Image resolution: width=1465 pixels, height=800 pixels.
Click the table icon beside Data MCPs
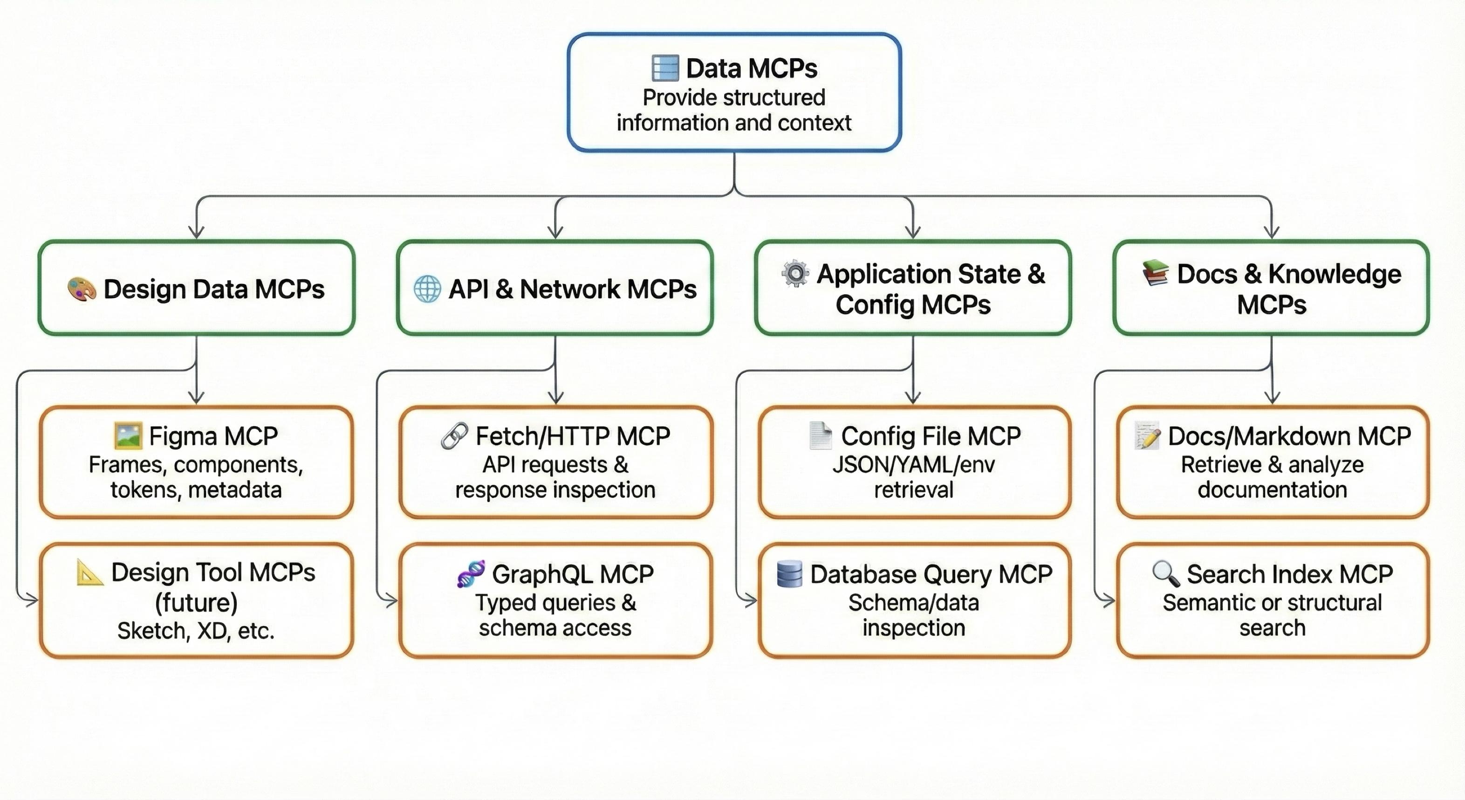click(665, 68)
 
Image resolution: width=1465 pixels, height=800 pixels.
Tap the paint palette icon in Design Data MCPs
click(82, 289)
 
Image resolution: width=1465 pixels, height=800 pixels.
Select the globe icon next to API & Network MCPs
click(427, 289)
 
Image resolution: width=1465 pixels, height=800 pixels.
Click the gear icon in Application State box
click(795, 274)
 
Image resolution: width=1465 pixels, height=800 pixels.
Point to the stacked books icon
click(1155, 273)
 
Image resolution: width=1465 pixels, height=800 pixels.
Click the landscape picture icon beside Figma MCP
click(128, 436)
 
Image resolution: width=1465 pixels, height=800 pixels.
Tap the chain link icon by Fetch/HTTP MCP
click(454, 436)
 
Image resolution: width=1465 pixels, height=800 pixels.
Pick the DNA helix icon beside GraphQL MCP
click(471, 573)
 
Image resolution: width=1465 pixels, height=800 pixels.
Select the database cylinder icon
click(789, 573)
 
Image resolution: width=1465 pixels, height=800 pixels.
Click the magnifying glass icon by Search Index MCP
click(1165, 573)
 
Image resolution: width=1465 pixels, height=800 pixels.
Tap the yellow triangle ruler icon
click(89, 572)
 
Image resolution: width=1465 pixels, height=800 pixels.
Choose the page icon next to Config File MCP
click(820, 436)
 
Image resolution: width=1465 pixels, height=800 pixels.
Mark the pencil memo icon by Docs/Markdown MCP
click(1147, 436)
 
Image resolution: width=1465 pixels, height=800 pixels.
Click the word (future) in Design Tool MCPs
click(196, 602)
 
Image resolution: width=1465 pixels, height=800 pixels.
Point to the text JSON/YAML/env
click(913, 465)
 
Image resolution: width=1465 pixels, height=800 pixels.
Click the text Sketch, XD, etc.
click(196, 630)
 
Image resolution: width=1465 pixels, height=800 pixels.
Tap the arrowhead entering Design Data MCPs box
click(196, 233)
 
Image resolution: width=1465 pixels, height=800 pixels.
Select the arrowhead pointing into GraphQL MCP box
click(391, 600)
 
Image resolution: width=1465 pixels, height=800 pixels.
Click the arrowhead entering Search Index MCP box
click(1109, 600)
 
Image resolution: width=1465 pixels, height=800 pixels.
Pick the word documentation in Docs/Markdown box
click(1272, 490)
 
